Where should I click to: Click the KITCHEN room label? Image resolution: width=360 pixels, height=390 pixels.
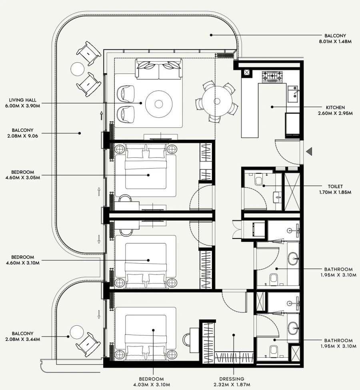coord(336,107)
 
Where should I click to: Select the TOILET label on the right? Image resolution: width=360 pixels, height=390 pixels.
coord(336,186)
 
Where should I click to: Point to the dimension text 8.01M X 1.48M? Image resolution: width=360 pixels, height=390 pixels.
coord(336,41)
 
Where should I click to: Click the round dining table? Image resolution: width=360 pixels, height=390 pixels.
coord(216,101)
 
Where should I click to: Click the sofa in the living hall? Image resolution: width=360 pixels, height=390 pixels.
coord(158,69)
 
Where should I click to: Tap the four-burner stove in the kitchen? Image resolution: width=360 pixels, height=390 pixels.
coord(272,76)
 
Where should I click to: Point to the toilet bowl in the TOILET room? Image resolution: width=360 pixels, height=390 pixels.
coord(259,180)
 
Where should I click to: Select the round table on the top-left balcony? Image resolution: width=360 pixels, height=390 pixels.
coord(77,69)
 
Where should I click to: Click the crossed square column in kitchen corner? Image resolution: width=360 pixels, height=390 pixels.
coord(246,73)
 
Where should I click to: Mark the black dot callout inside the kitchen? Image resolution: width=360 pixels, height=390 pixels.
coord(272,107)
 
